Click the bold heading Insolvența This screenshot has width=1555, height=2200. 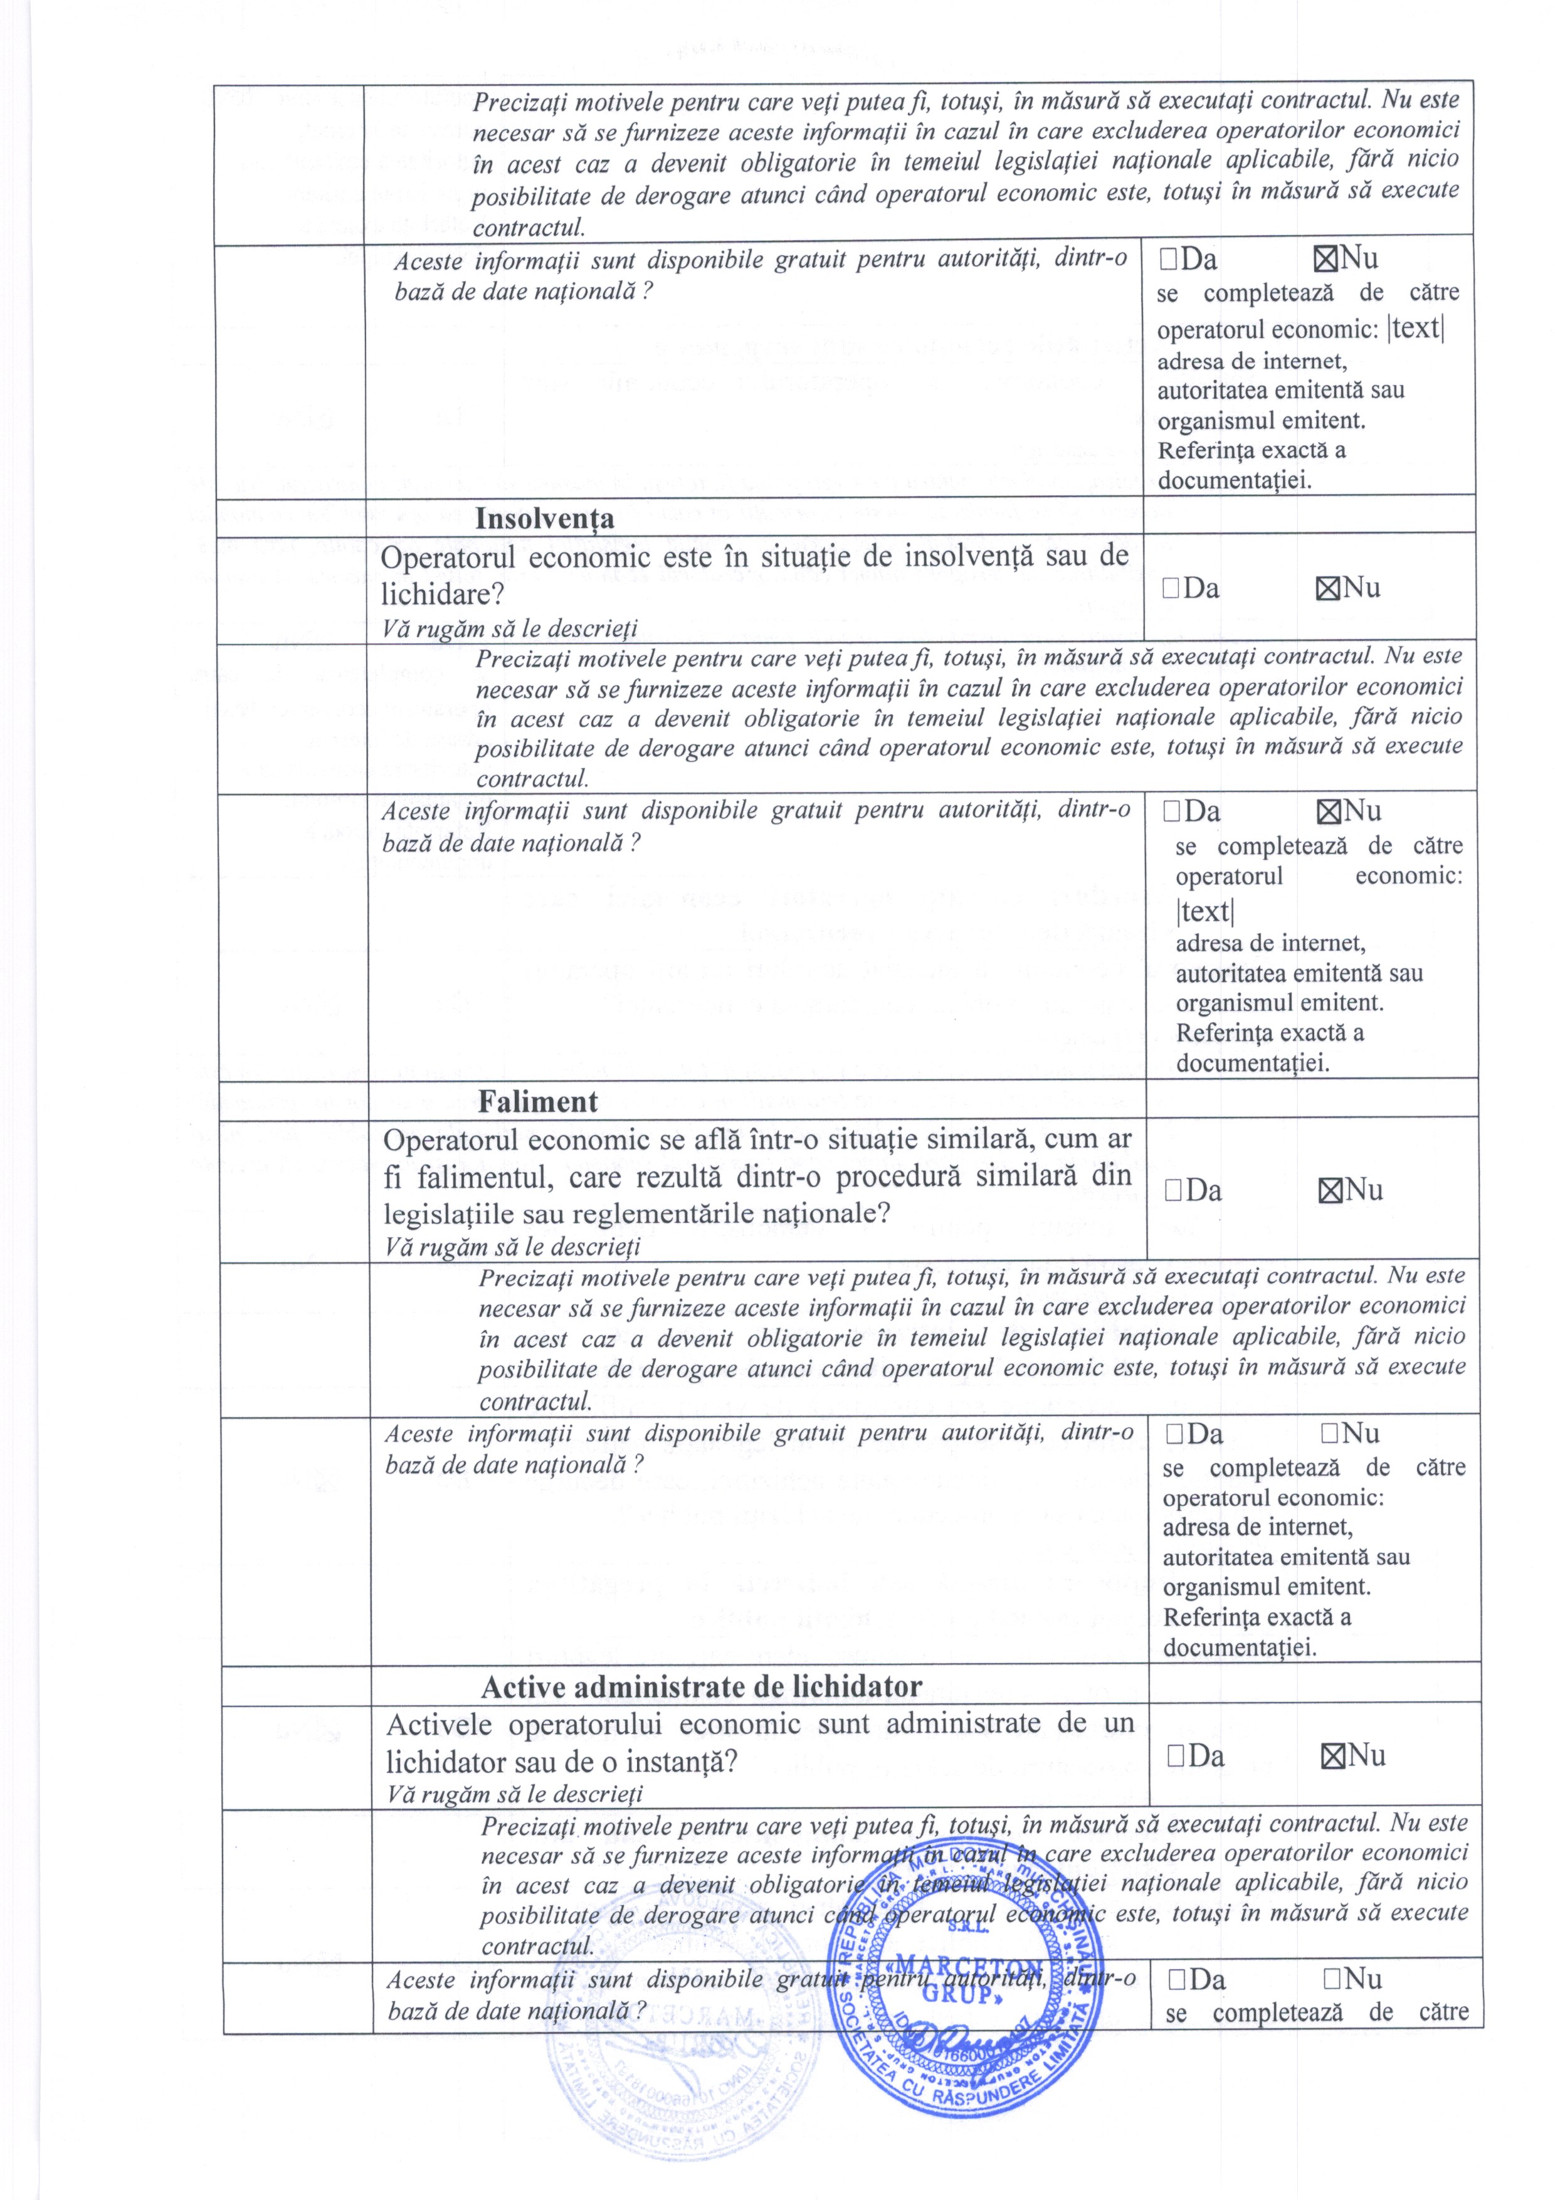tap(544, 519)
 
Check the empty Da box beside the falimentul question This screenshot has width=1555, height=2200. tap(1174, 1191)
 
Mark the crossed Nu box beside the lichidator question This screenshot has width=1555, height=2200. tap(1332, 1757)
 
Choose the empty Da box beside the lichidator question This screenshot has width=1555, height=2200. tap(1176, 1757)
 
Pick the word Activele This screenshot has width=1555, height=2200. tap(440, 1725)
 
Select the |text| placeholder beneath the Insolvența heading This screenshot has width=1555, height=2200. tap(1204, 910)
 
